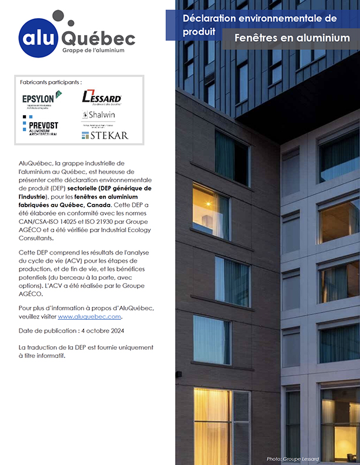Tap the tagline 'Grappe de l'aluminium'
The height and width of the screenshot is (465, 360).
pyautogui.click(x=93, y=51)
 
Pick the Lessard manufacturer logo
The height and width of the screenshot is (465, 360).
pyautogui.click(x=102, y=96)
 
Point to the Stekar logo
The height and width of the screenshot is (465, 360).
pyautogui.click(x=105, y=135)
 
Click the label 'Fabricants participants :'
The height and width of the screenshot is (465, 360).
pyautogui.click(x=51, y=82)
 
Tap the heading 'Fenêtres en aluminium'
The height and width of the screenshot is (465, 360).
pyautogui.click(x=292, y=38)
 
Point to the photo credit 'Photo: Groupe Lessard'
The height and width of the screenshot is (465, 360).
pyautogui.click(x=292, y=459)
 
